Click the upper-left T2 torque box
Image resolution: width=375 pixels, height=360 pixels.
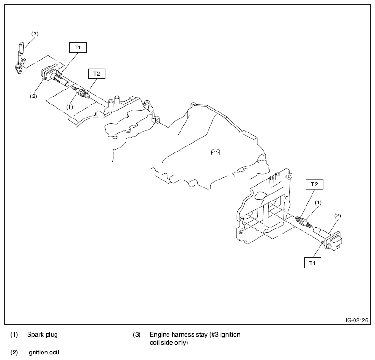(97, 74)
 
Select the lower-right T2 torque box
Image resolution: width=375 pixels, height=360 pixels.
(314, 185)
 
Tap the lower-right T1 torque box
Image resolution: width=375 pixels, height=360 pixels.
(312, 263)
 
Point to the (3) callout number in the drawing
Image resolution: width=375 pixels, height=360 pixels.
(35, 34)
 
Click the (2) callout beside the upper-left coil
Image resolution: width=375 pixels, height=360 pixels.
(34, 96)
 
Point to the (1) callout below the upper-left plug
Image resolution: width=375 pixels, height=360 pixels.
(69, 106)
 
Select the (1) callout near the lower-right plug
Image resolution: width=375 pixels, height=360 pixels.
(319, 202)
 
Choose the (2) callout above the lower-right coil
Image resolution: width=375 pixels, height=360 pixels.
(338, 215)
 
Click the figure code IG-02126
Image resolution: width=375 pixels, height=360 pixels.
(357, 320)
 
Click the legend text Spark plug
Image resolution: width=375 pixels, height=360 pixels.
(42, 334)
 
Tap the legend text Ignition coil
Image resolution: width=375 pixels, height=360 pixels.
(43, 352)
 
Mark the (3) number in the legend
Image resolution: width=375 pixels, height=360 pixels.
(137, 334)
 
